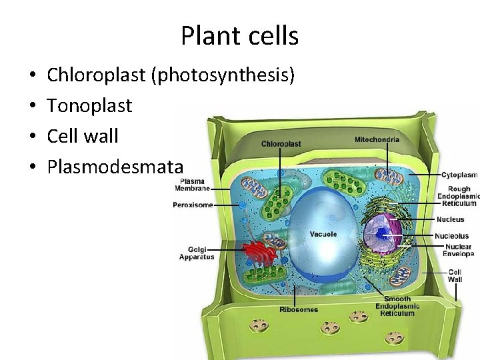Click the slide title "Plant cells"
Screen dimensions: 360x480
[239, 35]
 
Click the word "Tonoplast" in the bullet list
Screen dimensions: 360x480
[89, 105]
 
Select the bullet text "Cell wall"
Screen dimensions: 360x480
[83, 136]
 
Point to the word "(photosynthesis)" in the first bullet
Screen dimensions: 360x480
[223, 75]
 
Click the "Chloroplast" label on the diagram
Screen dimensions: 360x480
[281, 143]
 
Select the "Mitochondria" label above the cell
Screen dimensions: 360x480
[377, 139]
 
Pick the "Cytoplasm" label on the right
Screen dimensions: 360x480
[459, 175]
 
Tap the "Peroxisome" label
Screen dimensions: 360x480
[193, 205]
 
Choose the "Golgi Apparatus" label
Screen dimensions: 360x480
[197, 253]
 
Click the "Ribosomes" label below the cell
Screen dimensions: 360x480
[298, 309]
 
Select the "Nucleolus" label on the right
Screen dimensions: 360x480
[451, 235]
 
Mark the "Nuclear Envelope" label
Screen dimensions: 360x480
[458, 250]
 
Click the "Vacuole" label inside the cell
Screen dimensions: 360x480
[323, 234]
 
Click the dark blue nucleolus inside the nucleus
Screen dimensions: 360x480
[381, 233]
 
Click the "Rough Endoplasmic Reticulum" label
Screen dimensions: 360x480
[459, 196]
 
